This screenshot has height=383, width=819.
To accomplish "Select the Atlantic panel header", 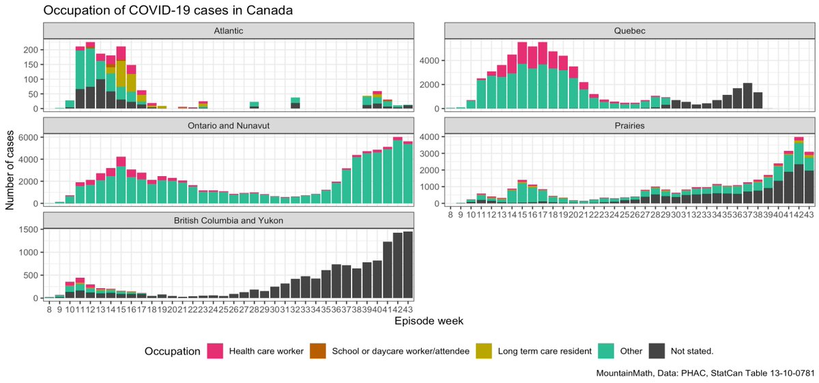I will (x=228, y=31).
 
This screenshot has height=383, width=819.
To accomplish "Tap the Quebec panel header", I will (x=629, y=31).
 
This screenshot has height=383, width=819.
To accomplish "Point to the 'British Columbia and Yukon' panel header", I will (x=228, y=220).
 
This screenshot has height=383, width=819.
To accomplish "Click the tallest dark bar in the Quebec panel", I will (x=747, y=96).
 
